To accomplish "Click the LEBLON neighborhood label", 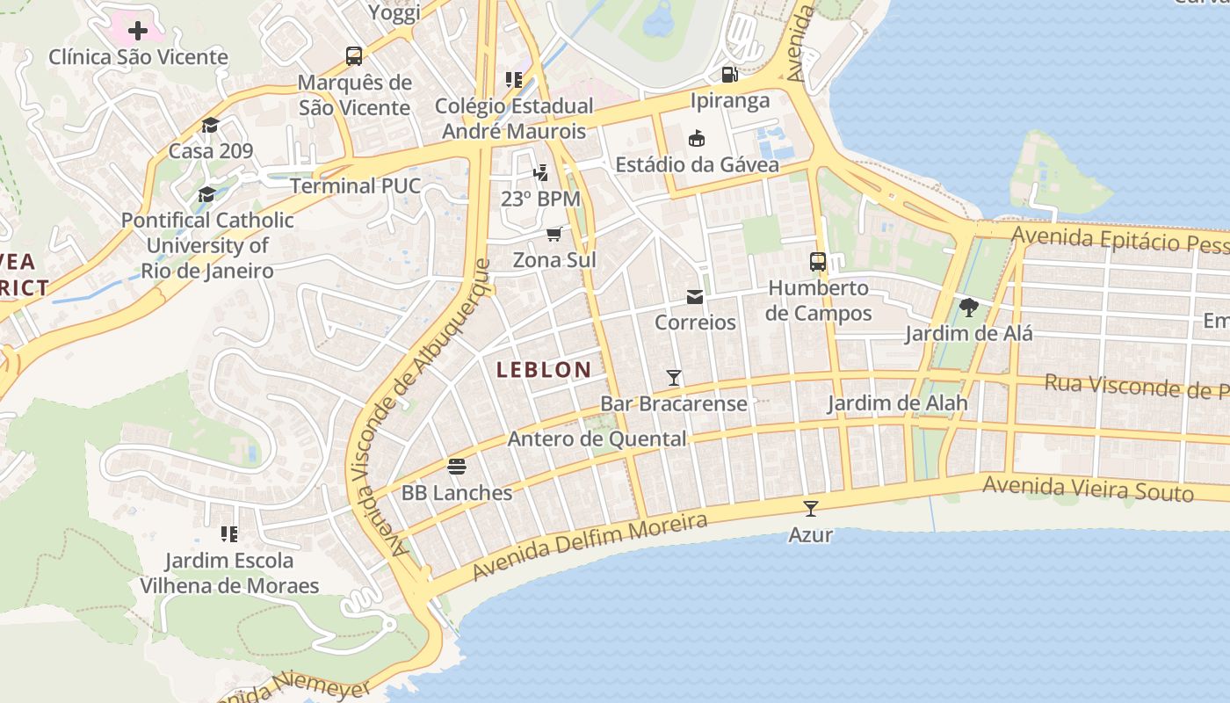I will click(544, 370).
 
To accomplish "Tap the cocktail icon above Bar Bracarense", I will click(674, 378).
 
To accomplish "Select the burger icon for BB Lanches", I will click(456, 466).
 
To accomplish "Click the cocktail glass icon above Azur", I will click(810, 508).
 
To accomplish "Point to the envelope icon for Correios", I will click(695, 297).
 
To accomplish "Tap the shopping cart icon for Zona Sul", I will click(554, 234).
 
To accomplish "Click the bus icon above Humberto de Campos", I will click(818, 262).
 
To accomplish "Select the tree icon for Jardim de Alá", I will click(969, 308).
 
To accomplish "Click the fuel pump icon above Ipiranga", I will click(729, 75).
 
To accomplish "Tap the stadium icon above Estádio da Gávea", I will click(697, 139).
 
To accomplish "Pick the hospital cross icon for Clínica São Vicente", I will click(138, 32).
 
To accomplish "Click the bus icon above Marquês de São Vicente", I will click(354, 57).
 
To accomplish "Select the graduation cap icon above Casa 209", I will click(210, 126).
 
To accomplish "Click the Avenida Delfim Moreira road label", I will click(590, 547).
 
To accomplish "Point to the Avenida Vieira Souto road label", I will click(1088, 488).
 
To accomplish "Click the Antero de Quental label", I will click(597, 438).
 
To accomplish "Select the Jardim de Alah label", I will click(897, 403).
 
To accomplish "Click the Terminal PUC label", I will click(355, 186).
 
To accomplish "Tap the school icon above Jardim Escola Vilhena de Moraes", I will click(229, 533).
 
